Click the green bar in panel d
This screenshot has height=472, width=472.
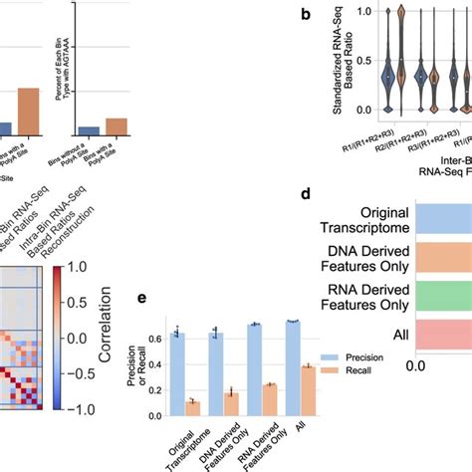click(x=443, y=281)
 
